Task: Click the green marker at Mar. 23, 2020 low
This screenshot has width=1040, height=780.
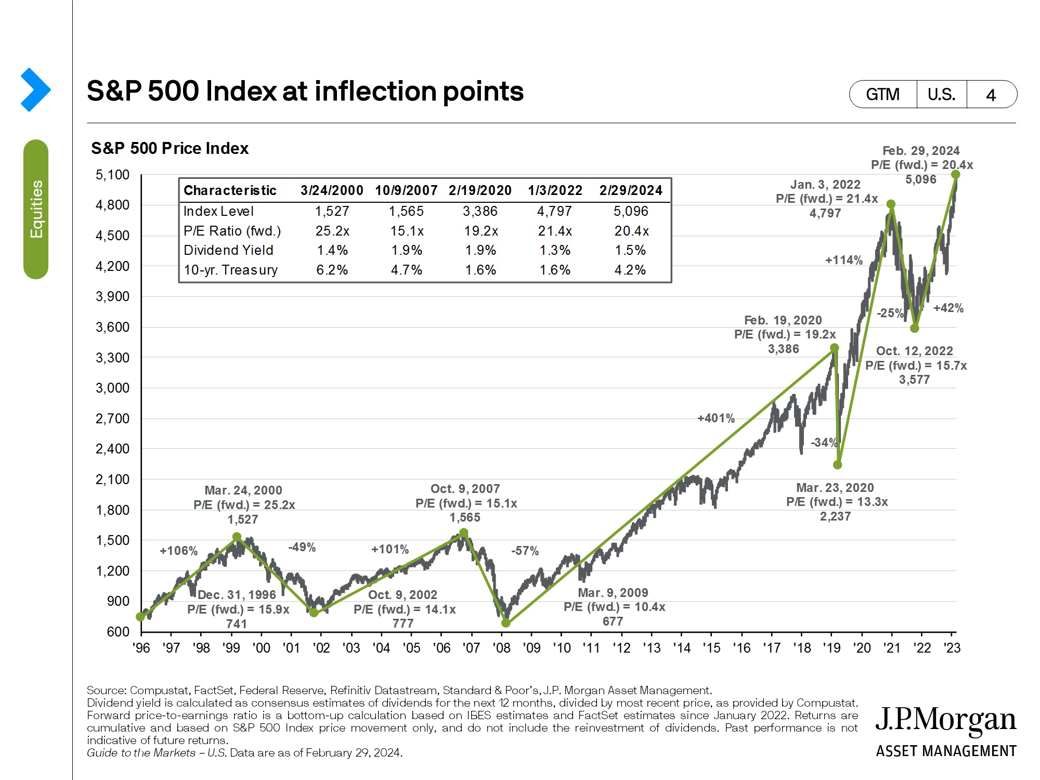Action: [x=837, y=465]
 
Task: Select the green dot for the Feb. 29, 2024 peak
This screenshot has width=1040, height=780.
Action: [x=955, y=175]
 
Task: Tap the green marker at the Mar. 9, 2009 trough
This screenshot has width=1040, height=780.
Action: [x=506, y=623]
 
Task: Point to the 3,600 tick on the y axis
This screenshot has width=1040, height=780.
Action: [x=112, y=327]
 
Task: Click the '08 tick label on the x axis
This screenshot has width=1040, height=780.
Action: [x=502, y=648]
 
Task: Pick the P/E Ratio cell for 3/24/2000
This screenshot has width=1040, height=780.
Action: [x=332, y=231]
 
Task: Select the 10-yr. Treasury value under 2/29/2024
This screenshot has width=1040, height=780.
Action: [x=630, y=270]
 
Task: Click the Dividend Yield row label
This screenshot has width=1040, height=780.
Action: [x=228, y=250]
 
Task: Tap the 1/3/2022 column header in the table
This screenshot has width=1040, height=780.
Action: [x=555, y=190]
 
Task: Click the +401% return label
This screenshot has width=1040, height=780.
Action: [x=716, y=418]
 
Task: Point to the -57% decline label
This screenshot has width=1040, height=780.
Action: [x=525, y=551]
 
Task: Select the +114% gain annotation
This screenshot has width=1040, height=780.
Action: [x=843, y=260]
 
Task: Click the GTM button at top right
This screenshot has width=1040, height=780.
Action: [x=882, y=94]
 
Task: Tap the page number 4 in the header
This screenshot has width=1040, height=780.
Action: [x=991, y=95]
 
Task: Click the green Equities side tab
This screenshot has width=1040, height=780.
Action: [x=36, y=209]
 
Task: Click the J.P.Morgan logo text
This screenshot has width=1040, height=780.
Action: [x=945, y=721]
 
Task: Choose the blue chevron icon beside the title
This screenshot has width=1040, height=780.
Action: [x=35, y=89]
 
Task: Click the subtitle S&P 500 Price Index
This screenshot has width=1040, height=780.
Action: [x=170, y=148]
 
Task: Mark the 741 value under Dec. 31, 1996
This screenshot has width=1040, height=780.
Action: [x=237, y=623]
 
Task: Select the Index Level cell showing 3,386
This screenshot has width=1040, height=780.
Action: [x=480, y=211]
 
